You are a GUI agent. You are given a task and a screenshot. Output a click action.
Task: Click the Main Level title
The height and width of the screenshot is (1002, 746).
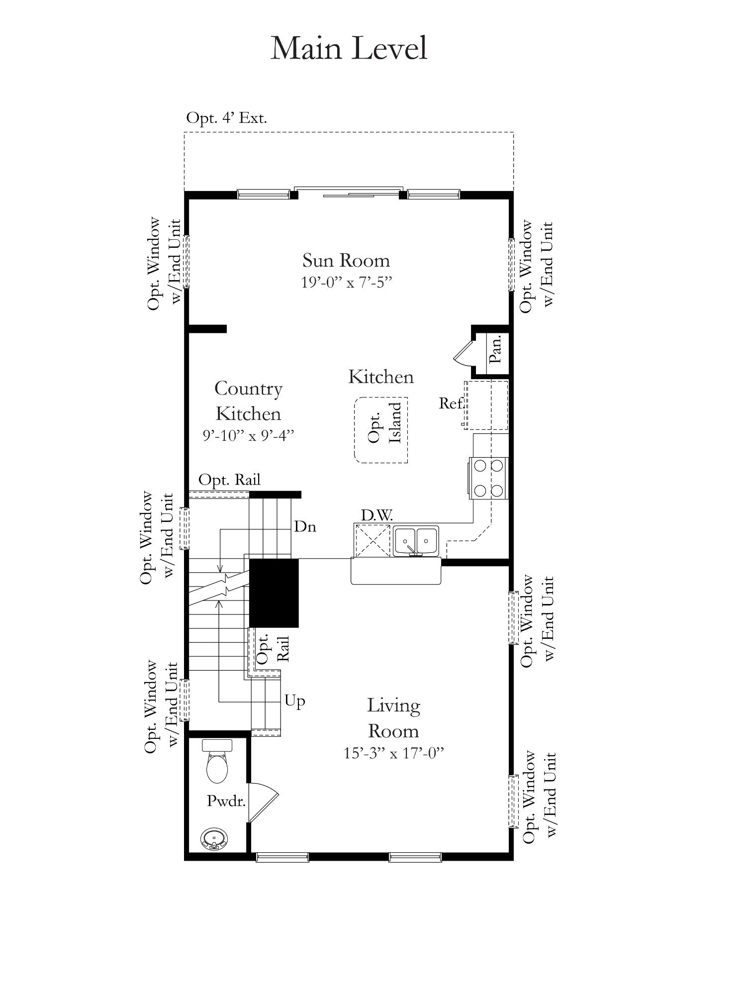349,49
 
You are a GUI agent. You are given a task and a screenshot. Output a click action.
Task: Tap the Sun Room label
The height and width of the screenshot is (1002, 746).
346,260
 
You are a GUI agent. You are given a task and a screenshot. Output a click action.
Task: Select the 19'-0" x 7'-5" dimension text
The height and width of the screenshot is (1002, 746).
347,283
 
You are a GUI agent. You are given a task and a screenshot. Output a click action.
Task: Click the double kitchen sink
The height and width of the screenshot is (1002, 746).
416,541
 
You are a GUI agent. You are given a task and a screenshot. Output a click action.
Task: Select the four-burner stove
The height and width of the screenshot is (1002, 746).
488,478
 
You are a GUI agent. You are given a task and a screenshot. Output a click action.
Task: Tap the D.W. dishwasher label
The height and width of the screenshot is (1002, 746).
377,515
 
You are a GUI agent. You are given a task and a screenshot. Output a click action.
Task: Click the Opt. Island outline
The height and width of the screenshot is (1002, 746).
381,430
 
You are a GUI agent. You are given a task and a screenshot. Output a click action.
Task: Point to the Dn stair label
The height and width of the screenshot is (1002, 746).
305,526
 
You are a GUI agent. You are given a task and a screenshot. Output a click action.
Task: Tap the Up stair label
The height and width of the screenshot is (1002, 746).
294,701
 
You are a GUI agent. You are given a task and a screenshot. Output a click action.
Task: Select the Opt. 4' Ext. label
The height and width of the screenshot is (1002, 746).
227,118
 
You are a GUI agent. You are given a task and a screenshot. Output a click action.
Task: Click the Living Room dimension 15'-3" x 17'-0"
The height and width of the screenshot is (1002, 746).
393,753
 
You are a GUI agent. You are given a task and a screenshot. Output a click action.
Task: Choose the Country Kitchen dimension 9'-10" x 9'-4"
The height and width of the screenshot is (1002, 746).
249,435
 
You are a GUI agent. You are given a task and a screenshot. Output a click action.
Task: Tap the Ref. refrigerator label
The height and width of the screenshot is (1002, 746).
451,403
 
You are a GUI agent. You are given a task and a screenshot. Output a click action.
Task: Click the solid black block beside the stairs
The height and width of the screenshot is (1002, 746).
274,593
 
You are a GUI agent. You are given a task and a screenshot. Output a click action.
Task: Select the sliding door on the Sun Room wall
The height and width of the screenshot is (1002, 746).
348,192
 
